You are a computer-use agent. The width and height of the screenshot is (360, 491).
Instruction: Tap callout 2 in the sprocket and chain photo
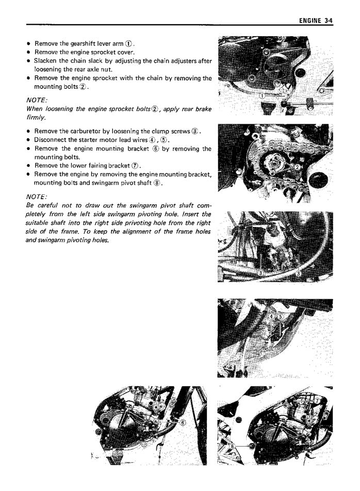coord(297,168)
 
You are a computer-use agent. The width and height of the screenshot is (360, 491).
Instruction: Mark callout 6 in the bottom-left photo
coord(182,421)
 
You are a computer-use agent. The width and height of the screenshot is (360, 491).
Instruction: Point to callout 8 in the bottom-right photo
coord(233,444)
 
